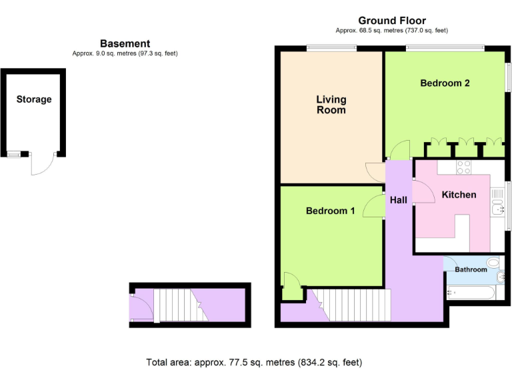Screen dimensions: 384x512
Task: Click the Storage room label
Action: tap(34, 99)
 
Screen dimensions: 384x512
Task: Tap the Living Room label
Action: tap(331, 105)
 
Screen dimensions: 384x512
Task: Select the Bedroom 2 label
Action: tap(445, 83)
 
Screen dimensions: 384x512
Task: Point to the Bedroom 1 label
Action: tap(330, 211)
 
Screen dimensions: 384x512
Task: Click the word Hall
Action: tap(399, 200)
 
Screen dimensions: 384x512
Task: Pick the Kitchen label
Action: tap(459, 195)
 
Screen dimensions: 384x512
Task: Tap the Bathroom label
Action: tap(471, 269)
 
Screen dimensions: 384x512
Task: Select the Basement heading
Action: tap(125, 43)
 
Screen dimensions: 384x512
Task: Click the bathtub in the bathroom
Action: tap(471, 291)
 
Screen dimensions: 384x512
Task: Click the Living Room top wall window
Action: tap(331, 47)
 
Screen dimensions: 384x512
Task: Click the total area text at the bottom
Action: tap(254, 363)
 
